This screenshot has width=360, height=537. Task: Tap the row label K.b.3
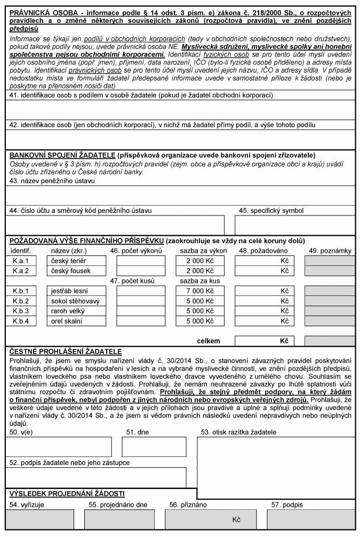tap(20, 311)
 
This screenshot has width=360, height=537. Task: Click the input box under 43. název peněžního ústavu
tap(180, 195)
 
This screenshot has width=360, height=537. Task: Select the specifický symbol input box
tap(294, 225)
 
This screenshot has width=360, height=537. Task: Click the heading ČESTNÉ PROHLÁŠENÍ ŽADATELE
tap(66, 351)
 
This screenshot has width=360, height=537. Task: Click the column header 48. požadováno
tap(263, 251)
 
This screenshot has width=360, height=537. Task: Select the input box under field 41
tap(180, 110)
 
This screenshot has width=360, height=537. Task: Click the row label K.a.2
tap(20, 271)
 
